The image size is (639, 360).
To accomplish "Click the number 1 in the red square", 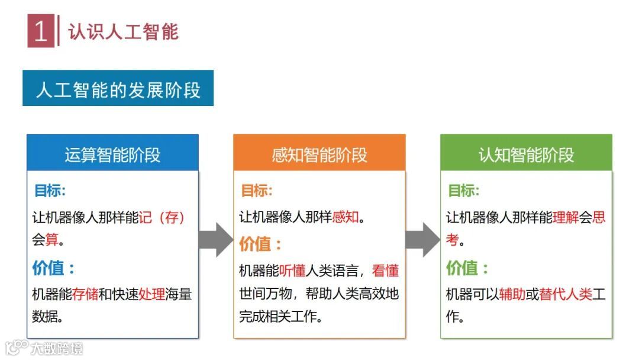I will [x=40, y=31].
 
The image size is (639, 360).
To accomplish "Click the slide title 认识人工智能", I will [x=123, y=31].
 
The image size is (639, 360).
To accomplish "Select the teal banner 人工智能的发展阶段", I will [x=118, y=89].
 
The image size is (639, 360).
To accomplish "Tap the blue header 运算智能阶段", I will [x=112, y=155].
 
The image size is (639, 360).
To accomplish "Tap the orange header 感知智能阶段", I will [x=319, y=155].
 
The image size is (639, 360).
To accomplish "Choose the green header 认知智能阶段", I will [x=526, y=155].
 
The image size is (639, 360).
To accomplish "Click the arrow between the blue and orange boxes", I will [x=215, y=239].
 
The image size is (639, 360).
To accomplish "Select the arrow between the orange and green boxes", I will [x=422, y=239].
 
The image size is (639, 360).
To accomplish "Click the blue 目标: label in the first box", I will [x=50, y=191].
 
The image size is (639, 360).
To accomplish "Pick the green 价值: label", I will [x=467, y=268].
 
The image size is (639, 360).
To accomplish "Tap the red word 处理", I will [x=152, y=294].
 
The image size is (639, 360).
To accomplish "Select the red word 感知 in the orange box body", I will [x=346, y=217].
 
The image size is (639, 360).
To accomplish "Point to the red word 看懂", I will [x=385, y=271].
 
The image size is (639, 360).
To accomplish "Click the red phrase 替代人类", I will [x=566, y=294].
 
